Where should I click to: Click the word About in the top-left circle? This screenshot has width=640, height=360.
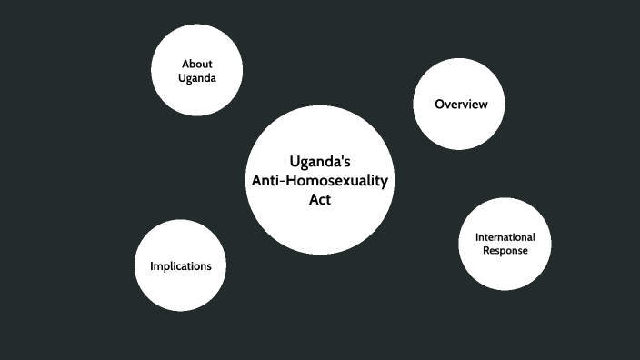click(197, 64)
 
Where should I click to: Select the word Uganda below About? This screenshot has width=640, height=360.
click(197, 78)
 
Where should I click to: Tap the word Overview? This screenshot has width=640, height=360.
click(461, 105)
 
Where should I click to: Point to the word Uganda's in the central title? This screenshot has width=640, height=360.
click(320, 162)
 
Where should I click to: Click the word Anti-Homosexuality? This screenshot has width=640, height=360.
click(319, 181)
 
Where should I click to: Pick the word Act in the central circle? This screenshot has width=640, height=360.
click(319, 200)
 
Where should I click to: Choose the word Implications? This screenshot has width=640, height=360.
click(181, 266)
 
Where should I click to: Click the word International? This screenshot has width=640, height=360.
click(505, 237)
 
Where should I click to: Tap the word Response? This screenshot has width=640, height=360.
click(505, 250)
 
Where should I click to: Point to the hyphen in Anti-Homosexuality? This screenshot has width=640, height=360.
click(282, 182)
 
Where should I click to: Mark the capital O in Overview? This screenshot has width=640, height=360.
click(439, 105)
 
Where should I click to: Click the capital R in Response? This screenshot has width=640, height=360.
click(486, 250)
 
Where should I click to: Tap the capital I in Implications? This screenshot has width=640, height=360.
click(151, 266)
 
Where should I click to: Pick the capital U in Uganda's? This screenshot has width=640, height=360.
click(295, 162)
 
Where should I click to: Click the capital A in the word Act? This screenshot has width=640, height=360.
click(311, 200)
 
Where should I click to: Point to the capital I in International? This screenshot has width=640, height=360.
click(476, 237)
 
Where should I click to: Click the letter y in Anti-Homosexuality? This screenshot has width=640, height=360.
click(385, 183)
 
